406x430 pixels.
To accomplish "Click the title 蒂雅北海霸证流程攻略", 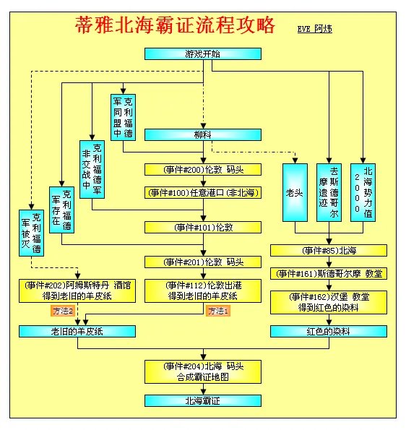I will (175, 26).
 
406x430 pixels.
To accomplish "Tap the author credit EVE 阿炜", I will (314, 29).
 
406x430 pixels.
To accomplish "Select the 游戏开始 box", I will (202, 54).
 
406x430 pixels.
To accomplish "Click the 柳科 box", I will (202, 134).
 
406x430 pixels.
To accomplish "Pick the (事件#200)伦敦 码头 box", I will (202, 170).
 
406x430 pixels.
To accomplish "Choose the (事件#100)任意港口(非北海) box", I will (202, 193).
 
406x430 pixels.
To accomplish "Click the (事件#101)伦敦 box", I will (202, 227).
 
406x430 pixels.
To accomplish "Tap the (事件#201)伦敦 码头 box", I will (202, 262).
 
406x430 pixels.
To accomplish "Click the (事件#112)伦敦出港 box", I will (202, 291).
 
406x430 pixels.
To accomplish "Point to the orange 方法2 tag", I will (63, 311).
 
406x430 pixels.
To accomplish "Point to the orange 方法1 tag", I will (218, 311).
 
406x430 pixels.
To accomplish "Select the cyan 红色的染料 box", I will (329, 331).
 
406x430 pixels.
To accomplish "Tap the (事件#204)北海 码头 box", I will (202, 371).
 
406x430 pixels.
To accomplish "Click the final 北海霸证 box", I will (202, 400).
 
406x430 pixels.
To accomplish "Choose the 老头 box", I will (294, 193).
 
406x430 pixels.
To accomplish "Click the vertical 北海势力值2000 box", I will (368, 193).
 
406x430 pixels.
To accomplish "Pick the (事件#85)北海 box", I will (329, 250).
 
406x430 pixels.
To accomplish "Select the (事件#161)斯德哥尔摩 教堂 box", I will (329, 274).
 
